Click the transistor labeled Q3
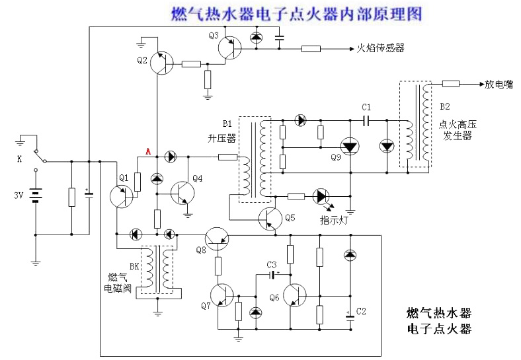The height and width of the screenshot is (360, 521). point(232,49)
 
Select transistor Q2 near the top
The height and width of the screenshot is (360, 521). point(161,63)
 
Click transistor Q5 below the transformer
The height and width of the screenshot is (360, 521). point(269,217)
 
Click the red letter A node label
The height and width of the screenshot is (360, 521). point(149,152)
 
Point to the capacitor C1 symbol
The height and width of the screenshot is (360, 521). point(367,120)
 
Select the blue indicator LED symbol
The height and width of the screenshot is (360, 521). point(322,196)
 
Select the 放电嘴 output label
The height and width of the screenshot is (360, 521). point(498,85)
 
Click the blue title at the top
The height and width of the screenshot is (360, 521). point(296,13)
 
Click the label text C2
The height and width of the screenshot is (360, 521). point(361,310)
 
